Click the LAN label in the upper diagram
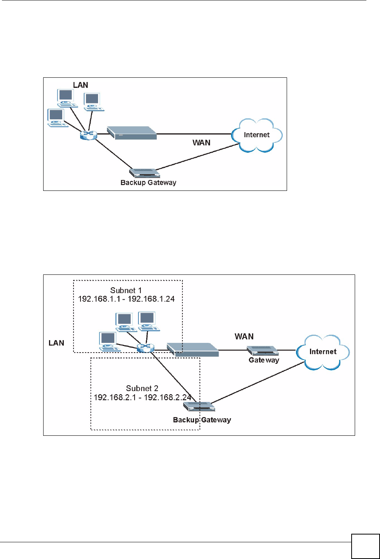(81, 85)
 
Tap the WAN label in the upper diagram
(201, 143)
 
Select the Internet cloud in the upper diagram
(257, 135)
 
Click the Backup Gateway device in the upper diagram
(144, 173)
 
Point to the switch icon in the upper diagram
(88, 135)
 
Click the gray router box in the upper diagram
(132, 133)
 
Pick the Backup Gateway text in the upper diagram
(148, 183)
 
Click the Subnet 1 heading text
(126, 290)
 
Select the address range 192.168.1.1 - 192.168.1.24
(126, 299)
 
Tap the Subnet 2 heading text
(142, 388)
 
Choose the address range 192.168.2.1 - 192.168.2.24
(142, 397)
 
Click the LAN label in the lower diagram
(56, 343)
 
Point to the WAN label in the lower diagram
(244, 337)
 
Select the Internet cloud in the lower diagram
(323, 352)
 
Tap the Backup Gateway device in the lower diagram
(199, 407)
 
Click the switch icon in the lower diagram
(145, 348)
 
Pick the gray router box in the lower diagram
(193, 349)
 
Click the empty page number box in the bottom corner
(365, 546)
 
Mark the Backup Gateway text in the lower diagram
(202, 420)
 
